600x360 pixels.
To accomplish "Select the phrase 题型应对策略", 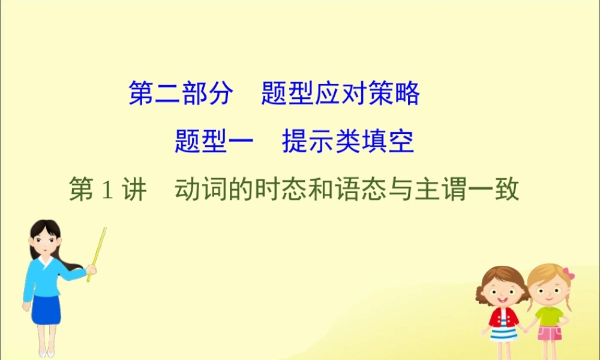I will [340, 94].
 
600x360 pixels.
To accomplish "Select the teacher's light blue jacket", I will [45, 276].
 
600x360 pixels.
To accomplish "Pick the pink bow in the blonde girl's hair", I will [569, 275].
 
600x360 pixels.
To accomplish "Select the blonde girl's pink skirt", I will [548, 333].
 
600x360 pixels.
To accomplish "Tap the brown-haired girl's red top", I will [503, 317].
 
